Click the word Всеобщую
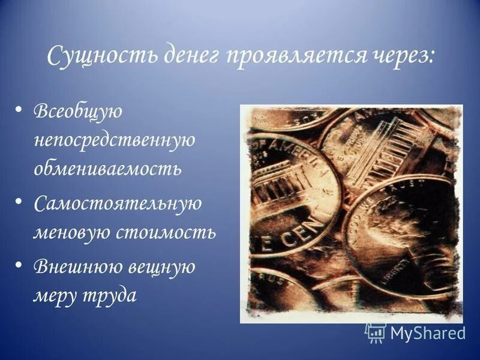pyautogui.click(x=78, y=112)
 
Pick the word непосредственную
pyautogui.click(x=114, y=140)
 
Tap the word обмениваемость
pyautogui.click(x=107, y=168)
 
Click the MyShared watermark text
pyautogui.click(x=427, y=333)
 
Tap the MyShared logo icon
pyautogui.click(x=375, y=333)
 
